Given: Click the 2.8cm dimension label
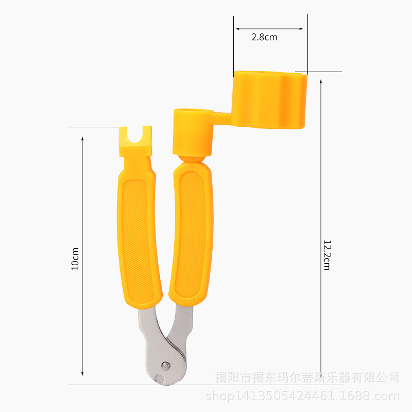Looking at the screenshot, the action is coord(264,37).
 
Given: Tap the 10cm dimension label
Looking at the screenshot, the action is coord(75,259).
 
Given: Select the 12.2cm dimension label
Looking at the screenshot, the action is coord(327,255).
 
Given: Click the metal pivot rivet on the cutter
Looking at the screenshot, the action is coord(165,366).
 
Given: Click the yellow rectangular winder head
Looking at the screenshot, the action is coord(269,100).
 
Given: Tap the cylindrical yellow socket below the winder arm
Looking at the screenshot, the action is coord(193,132).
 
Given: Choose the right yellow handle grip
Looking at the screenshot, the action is coord(191,234).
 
